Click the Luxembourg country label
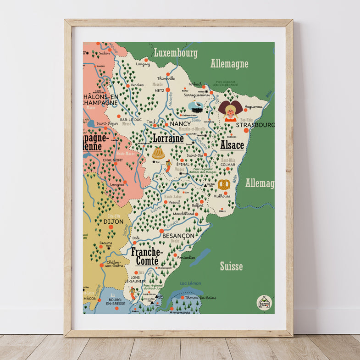point(176,53)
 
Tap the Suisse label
point(231,266)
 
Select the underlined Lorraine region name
point(168,138)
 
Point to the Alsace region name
point(232,145)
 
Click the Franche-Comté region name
point(147,256)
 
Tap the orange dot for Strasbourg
point(246,131)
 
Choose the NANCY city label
point(180,124)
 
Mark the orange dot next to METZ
point(168,90)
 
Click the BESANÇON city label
point(178,235)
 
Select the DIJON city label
point(113,222)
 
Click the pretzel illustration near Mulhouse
point(224,184)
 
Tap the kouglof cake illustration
point(158,152)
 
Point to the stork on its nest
point(196,107)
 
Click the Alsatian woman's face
point(230,111)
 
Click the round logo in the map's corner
point(264,302)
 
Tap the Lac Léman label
point(191,283)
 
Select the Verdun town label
point(137,85)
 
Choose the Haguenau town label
point(253,106)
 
